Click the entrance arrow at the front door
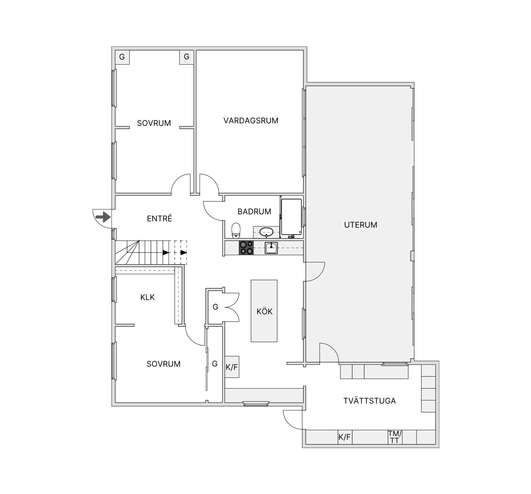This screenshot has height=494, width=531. pyautogui.click(x=103, y=217)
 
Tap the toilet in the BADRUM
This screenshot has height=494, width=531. pyautogui.click(x=236, y=231)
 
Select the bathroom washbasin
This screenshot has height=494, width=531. pyautogui.click(x=266, y=232)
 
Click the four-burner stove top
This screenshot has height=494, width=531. pyautogui.click(x=246, y=248)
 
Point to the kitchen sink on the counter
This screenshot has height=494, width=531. pyautogui.click(x=271, y=248)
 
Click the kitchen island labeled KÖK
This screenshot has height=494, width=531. pyautogui.click(x=264, y=311)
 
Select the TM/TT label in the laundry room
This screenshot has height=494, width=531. pyautogui.click(x=395, y=437)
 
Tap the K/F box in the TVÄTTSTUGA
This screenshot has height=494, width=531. pyautogui.click(x=345, y=437)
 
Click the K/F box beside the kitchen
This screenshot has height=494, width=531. pyautogui.click(x=232, y=367)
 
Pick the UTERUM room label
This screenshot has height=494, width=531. pyautogui.click(x=361, y=225)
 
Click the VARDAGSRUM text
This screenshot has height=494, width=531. pyautogui.click(x=251, y=121)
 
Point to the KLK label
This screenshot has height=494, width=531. pyautogui.click(x=147, y=297)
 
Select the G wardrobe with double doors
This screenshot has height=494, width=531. pyautogui.click(x=215, y=307)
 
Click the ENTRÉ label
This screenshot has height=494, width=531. pyautogui.click(x=159, y=219)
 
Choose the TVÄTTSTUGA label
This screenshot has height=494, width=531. pyautogui.click(x=369, y=401)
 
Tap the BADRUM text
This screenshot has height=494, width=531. pyautogui.click(x=254, y=211)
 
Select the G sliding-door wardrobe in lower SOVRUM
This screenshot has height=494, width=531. pyautogui.click(x=215, y=364)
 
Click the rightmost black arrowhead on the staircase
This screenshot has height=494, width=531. pyautogui.click(x=184, y=252)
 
